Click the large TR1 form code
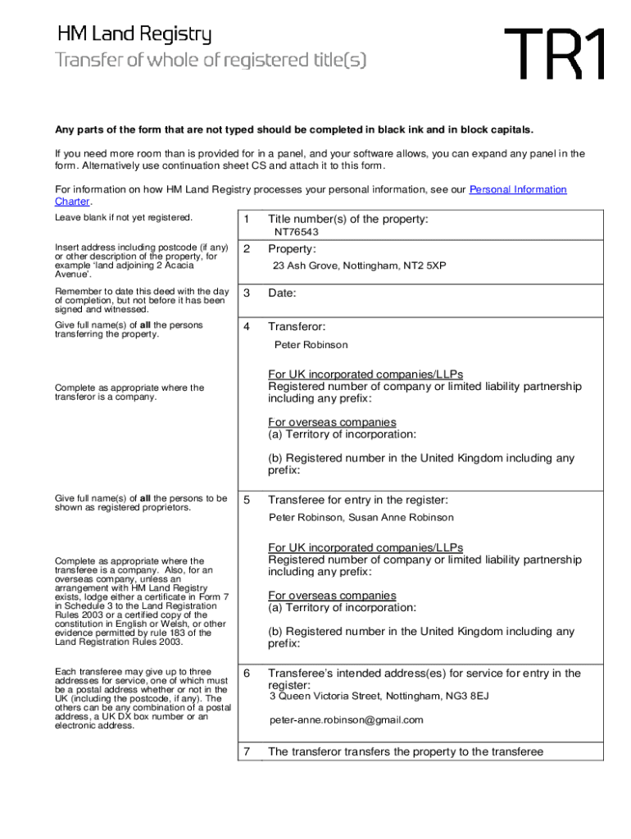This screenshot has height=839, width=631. coord(556,54)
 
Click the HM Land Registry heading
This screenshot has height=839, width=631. coord(134,35)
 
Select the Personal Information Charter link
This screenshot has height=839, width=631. coord(517,190)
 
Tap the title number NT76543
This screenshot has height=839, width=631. coord(296,233)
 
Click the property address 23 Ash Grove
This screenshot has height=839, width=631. coord(359,266)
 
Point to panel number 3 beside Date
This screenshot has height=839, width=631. coord(246,293)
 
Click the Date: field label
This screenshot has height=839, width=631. coord(282,293)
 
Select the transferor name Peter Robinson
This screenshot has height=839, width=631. coord(311,345)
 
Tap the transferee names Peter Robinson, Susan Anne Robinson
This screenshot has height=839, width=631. coord(361,518)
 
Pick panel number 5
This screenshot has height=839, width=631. coord(246,500)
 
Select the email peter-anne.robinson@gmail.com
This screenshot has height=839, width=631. coord(347,720)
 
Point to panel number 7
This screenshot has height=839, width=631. coord(246,751)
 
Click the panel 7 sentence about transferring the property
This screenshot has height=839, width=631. coord(405,752)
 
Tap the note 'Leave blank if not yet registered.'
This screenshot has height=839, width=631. coord(124,218)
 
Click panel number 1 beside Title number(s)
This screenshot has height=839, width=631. coord(246,219)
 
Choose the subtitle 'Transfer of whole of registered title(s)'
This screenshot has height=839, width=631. coord(211,61)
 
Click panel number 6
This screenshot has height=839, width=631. coord(246,673)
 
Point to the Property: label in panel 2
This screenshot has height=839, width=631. coord(292,249)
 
